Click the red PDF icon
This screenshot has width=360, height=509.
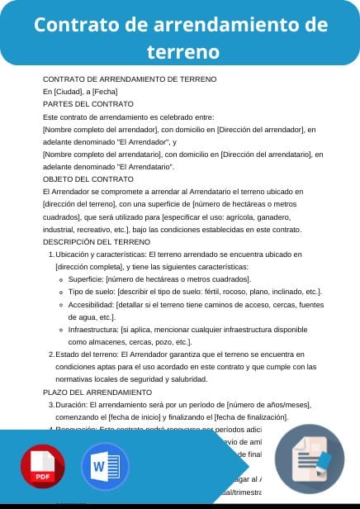tap(43, 469)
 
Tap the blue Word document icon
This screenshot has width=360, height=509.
tap(104, 469)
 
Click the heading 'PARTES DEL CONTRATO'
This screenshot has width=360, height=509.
tap(88, 104)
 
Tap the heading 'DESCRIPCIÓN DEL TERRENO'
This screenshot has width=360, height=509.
tap(96, 241)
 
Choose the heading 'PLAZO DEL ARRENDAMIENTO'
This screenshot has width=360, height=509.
tap(97, 392)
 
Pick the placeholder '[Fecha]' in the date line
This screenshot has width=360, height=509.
tap(104, 91)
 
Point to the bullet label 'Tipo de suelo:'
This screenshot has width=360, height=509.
tap(92, 292)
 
